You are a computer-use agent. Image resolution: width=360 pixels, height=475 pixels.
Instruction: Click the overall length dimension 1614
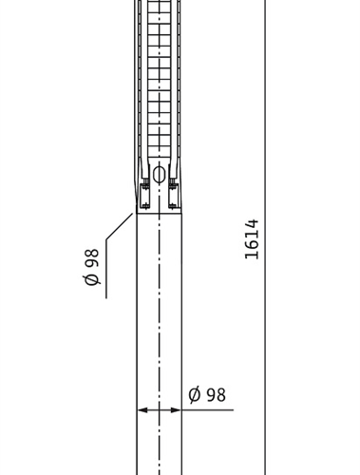[x=252, y=239]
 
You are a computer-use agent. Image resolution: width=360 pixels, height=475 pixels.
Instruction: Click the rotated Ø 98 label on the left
[x=92, y=267]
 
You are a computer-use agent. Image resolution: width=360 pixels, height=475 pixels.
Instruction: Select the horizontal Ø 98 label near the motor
[x=207, y=394]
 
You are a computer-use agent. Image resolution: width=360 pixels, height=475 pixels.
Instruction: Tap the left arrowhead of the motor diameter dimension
[x=142, y=410]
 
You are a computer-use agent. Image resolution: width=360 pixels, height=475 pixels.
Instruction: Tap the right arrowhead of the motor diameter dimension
[x=176, y=410]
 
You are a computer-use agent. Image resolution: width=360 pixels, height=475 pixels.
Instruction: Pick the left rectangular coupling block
[x=144, y=197]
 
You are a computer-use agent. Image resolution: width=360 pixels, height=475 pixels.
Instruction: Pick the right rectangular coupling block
[x=174, y=197]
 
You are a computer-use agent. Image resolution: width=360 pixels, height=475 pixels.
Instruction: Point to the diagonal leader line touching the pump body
[x=119, y=227]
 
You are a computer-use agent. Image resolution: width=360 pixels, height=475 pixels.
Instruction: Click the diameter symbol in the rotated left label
[x=92, y=279]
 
